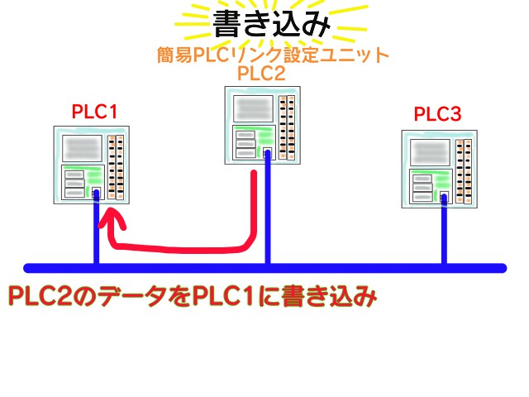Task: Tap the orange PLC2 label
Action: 261,74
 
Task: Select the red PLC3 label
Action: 437,113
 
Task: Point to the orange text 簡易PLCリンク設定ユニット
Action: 273,55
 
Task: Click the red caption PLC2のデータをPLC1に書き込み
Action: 191,296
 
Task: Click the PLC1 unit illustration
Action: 92,163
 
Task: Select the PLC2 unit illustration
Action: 262,125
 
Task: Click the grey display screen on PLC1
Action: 81,148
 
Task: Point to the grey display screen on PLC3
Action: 431,151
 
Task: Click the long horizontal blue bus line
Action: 331,267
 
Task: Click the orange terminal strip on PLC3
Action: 465,170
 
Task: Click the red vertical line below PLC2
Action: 253,207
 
